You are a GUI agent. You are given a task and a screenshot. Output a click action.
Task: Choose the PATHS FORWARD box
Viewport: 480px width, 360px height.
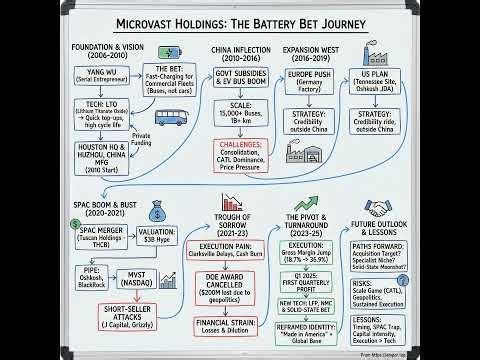(411, 249)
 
